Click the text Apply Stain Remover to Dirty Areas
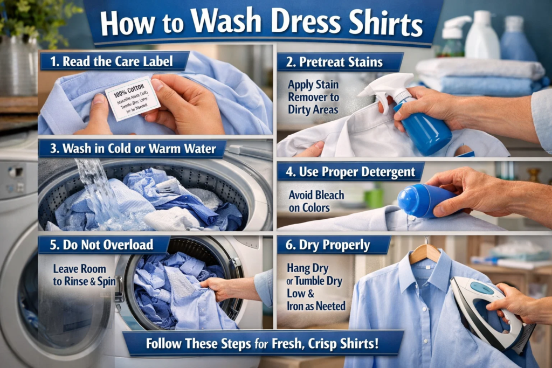(313, 97)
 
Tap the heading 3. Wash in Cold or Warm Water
(132, 149)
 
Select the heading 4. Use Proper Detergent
(350, 172)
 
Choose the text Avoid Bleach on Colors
(316, 200)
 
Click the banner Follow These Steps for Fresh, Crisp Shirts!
(263, 343)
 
